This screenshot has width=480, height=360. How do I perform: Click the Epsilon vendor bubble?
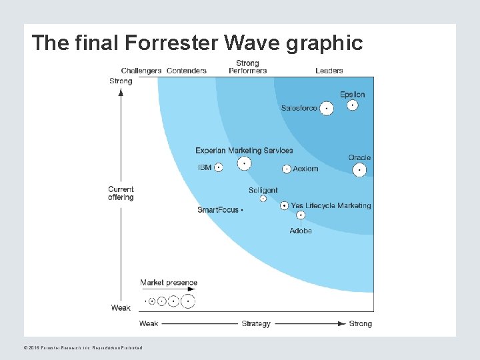[353, 105]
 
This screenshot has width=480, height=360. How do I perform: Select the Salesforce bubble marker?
[327, 108]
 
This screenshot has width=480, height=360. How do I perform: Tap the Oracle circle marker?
[359, 170]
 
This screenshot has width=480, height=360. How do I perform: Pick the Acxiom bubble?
[287, 169]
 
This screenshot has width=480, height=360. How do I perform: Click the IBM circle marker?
[219, 167]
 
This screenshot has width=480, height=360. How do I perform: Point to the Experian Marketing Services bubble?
[245, 163]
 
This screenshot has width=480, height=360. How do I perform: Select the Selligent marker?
[263, 199]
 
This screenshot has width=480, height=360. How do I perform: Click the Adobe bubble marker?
[301, 215]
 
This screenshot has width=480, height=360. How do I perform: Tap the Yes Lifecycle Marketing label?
[331, 205]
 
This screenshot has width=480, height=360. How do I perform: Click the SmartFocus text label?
[218, 210]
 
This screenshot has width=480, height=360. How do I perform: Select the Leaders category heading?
[329, 71]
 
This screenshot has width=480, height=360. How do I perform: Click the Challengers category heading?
[141, 71]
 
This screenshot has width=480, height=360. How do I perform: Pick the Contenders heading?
[187, 71]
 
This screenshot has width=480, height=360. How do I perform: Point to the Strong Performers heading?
[247, 67]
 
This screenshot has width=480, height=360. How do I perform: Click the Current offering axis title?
[121, 193]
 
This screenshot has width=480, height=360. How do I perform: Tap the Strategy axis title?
[256, 324]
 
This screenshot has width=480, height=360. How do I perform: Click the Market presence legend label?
[169, 283]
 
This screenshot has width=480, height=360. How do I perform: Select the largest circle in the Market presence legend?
[189, 301]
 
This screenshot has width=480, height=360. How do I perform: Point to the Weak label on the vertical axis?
[121, 308]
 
